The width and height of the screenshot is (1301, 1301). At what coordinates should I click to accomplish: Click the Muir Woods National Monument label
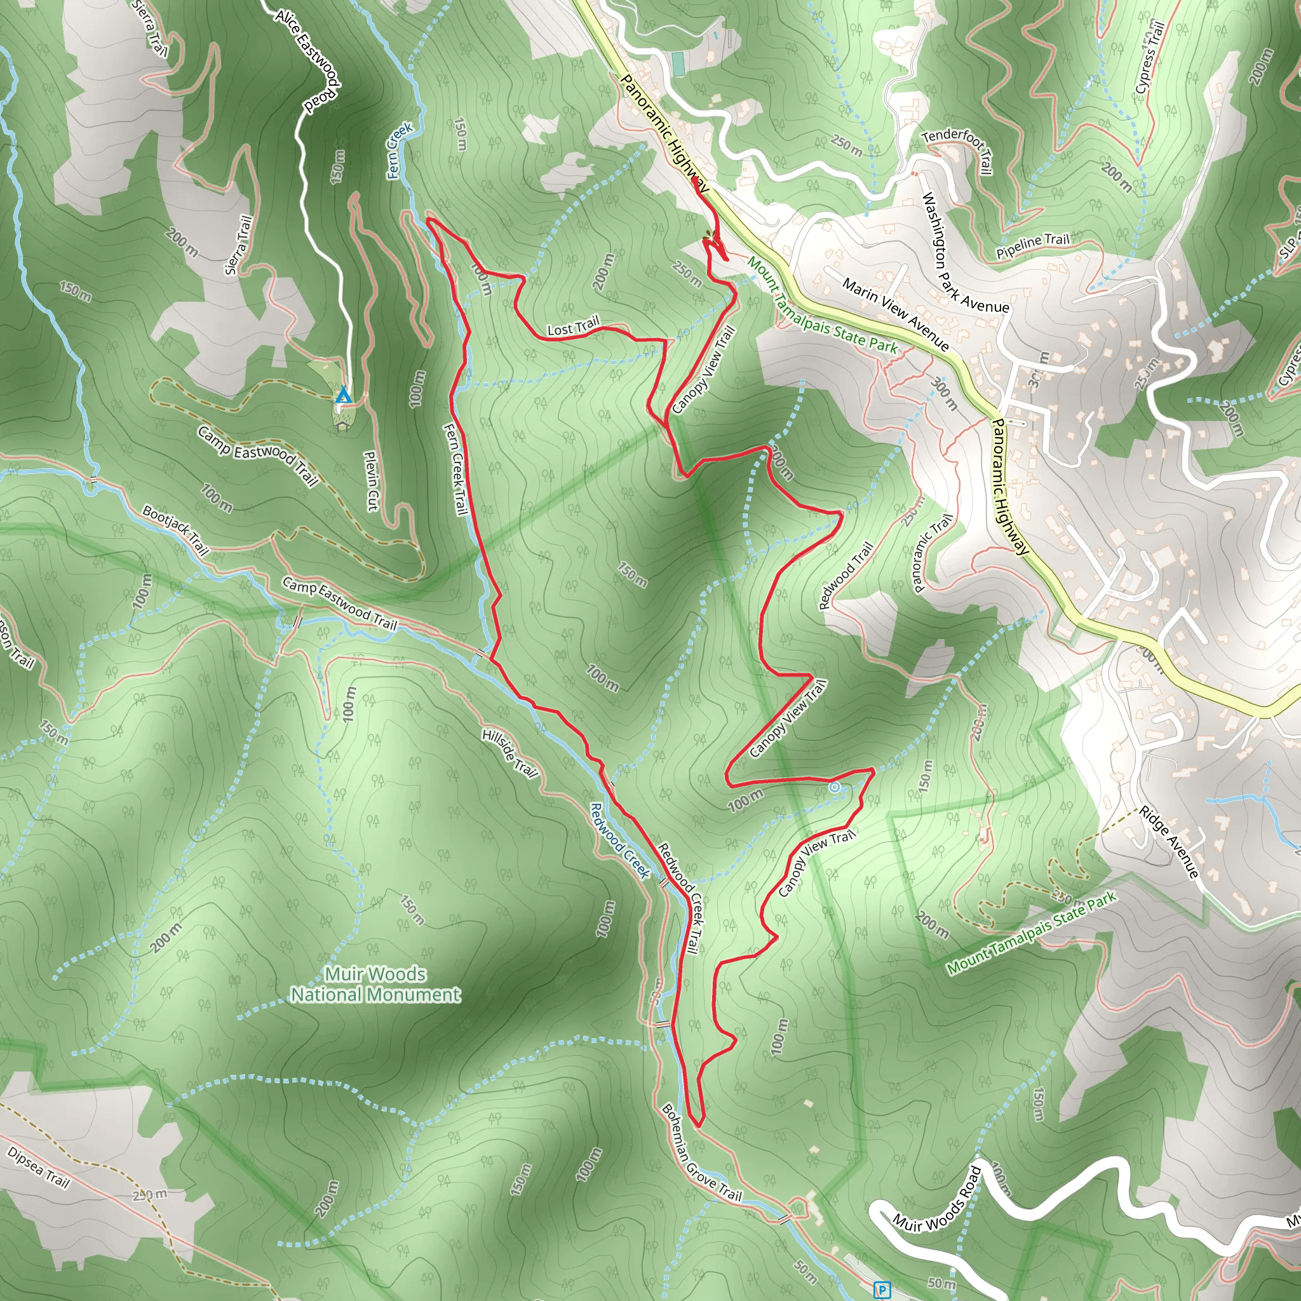375,984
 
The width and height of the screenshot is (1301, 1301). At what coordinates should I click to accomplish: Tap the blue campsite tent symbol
343,394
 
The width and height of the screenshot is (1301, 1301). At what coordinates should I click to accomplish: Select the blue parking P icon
881,1290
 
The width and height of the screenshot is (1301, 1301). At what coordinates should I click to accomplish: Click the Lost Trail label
573,328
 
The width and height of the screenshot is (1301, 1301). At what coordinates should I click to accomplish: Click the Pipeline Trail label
1033,246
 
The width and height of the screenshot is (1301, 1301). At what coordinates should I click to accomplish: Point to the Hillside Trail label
509,753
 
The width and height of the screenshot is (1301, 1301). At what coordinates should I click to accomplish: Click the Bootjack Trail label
175,530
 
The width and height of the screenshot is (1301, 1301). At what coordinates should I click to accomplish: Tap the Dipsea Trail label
38,1166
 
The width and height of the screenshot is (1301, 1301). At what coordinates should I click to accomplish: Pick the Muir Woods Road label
937,1199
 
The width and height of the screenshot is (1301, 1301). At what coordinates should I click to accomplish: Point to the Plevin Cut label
372,480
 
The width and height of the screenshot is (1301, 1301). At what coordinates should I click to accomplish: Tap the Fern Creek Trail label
456,469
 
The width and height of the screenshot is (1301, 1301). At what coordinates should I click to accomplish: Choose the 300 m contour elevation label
944,393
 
